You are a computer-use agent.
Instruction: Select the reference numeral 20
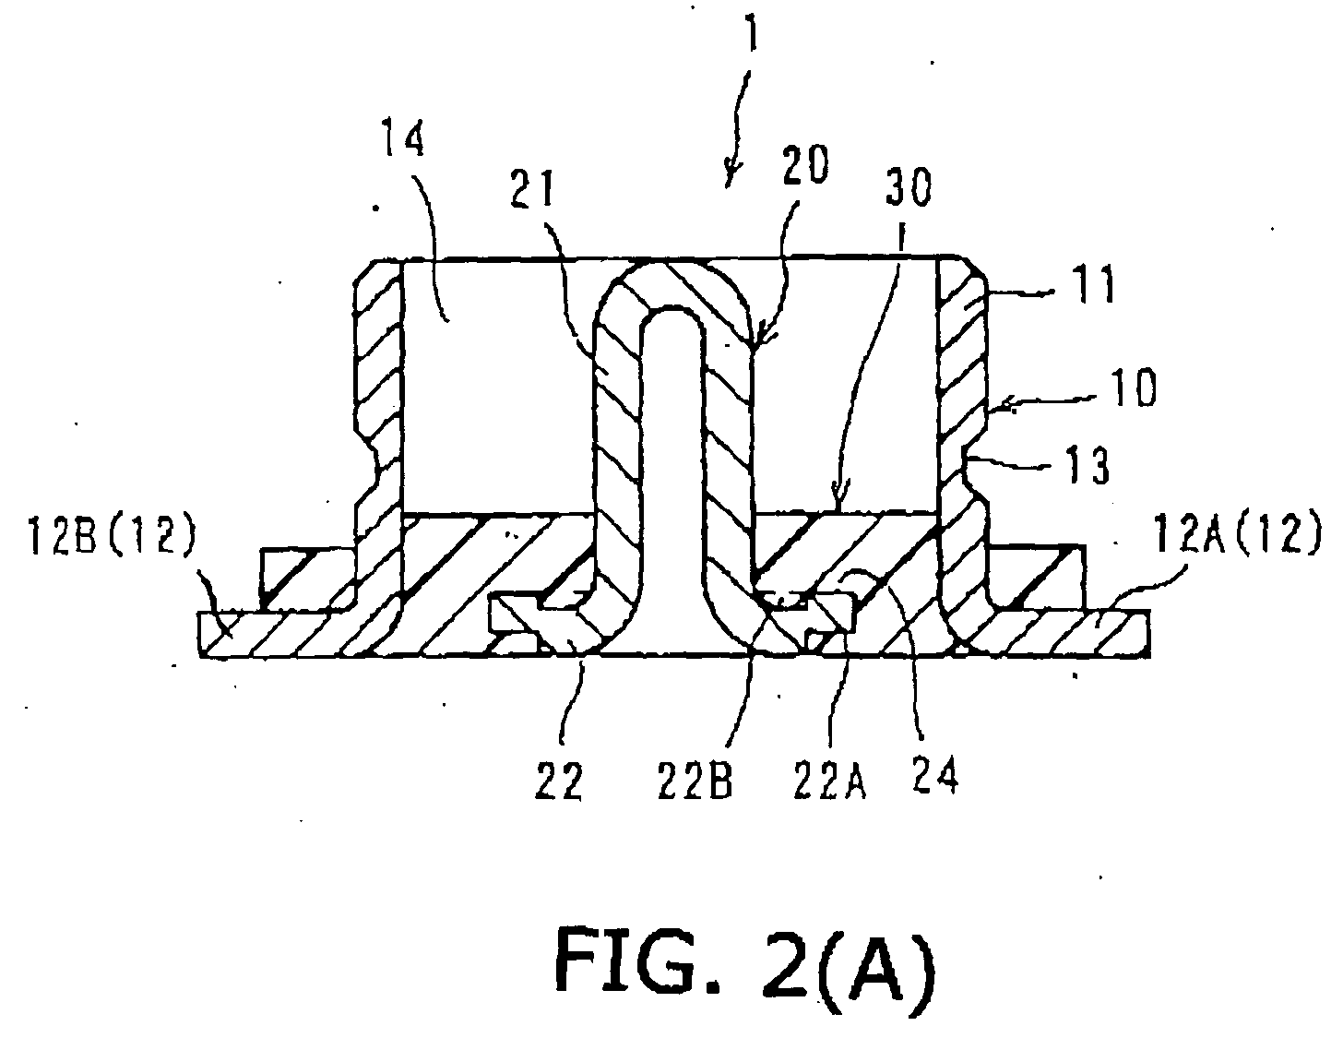[805, 164]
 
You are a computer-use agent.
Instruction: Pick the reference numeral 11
[1095, 284]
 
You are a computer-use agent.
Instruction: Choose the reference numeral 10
[1133, 387]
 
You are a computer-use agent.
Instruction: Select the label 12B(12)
[110, 536]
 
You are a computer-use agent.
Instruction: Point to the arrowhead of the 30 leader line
[838, 502]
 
